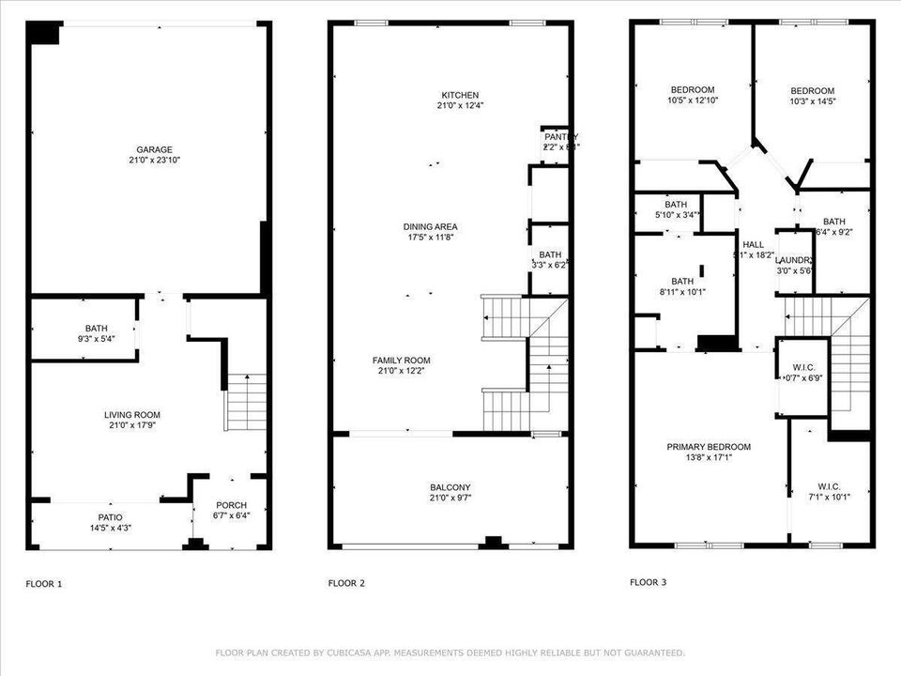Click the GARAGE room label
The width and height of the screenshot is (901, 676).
tap(154, 149)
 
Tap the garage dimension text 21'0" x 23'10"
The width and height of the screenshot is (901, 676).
tap(154, 161)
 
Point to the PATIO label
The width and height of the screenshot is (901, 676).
tap(111, 516)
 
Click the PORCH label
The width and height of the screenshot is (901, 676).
tap(231, 504)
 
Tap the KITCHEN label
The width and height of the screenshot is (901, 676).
tap(460, 95)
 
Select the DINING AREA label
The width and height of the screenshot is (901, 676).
tap(431, 226)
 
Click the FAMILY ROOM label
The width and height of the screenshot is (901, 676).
tap(401, 361)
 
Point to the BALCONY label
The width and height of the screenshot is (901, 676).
tap(450, 487)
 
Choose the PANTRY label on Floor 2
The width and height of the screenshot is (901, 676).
tap(561, 137)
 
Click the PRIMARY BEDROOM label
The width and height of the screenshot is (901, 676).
tap(709, 447)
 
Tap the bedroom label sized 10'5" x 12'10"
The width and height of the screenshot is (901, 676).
tap(691, 89)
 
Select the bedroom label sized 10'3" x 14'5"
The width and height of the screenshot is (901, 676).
tap(812, 91)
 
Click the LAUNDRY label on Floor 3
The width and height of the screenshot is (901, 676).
tap(793, 260)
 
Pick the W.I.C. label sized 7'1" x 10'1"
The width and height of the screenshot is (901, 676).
tap(829, 486)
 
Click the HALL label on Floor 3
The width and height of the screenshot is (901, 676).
tap(753, 243)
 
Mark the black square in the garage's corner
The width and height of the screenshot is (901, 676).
tap(43, 32)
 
